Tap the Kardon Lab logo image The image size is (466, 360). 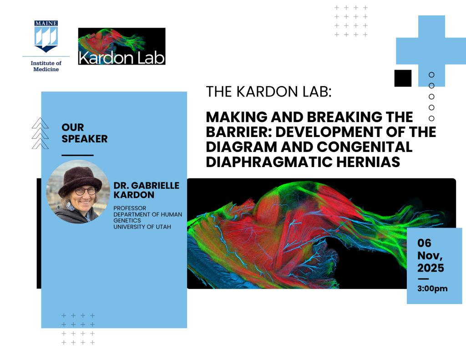[x=122, y=46]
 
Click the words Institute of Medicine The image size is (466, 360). [x=46, y=66]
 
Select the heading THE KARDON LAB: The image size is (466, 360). [x=268, y=91]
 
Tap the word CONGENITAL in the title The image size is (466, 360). [x=365, y=147]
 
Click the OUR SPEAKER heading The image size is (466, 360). [x=84, y=133]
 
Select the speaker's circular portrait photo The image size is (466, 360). [x=78, y=192]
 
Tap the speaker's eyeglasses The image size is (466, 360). [x=85, y=191]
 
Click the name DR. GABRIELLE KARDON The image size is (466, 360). [x=146, y=190]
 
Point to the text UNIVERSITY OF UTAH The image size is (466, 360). [x=142, y=227]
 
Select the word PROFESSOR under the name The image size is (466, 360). [x=130, y=208]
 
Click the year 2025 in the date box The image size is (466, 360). [x=431, y=268]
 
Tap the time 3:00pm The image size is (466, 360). [x=432, y=289]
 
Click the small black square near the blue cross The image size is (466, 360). [x=403, y=78]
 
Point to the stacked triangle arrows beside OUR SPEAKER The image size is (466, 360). [x=40, y=133]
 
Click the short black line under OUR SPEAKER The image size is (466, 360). [x=77, y=155]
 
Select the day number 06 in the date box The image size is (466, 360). [x=424, y=243]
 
